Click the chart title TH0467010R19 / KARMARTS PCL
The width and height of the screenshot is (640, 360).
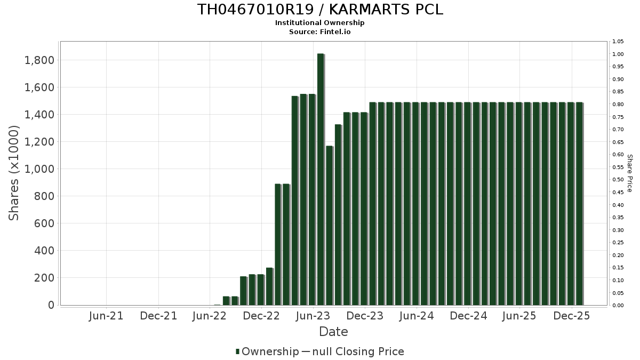point(320,10)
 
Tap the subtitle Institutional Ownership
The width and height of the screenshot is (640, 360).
point(320,23)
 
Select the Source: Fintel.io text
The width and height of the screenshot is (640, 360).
point(320,31)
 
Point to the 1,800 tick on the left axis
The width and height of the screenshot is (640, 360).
point(39,60)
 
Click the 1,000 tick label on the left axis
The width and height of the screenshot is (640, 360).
point(39,169)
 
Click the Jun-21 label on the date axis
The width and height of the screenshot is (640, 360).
point(106,316)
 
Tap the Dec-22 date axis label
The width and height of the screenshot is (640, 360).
point(261,316)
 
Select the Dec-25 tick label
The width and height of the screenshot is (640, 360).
point(571,316)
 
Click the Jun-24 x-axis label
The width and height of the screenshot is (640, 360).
point(417,316)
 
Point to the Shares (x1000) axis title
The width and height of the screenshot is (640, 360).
point(14,173)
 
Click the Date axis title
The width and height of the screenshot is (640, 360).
point(333,332)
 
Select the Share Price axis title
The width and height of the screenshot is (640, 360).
point(629,173)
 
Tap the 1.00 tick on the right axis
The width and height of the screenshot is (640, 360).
point(618,54)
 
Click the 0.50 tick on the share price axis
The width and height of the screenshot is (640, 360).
point(618,180)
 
